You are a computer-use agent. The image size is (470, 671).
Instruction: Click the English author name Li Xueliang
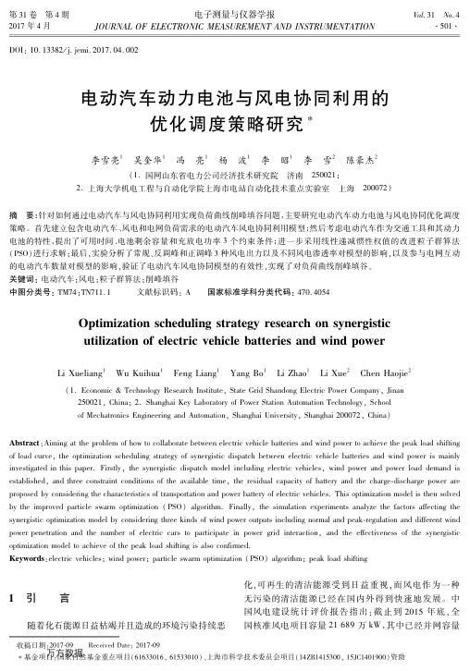pyautogui.click(x=82, y=373)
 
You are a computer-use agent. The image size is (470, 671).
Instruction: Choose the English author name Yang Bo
pyautogui.click(x=244, y=373)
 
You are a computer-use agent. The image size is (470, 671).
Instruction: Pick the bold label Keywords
pyautogui.click(x=28, y=531)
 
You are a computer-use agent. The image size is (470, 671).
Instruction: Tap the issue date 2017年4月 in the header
pyautogui.click(x=29, y=25)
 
